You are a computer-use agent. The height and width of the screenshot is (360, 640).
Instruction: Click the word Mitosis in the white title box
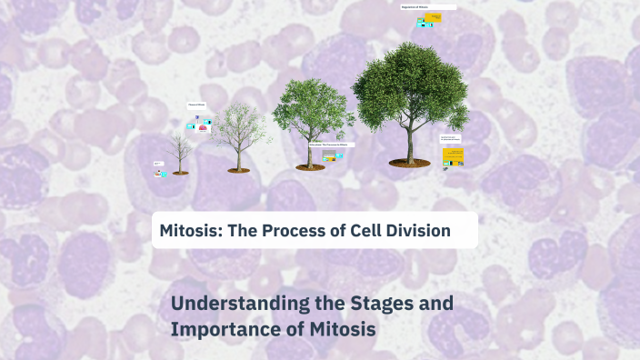[x=187, y=231]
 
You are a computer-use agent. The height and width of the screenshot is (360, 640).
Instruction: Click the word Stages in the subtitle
[x=382, y=304]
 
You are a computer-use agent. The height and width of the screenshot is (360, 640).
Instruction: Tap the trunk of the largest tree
[x=409, y=145]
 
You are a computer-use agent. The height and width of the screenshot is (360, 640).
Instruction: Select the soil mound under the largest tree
[x=409, y=162]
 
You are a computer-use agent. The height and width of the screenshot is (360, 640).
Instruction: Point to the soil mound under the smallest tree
[x=180, y=172]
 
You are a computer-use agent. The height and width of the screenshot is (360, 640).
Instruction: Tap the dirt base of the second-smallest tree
[x=238, y=169]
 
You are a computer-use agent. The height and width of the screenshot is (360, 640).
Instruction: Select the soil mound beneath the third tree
[x=310, y=166]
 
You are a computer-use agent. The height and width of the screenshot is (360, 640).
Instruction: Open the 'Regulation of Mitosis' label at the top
[x=427, y=7]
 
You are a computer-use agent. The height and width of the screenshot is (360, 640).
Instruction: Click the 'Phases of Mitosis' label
[x=197, y=105]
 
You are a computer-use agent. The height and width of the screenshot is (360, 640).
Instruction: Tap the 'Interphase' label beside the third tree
[x=330, y=145]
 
